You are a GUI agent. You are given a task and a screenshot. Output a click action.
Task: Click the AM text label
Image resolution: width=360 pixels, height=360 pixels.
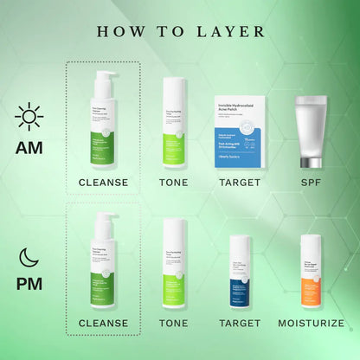30,146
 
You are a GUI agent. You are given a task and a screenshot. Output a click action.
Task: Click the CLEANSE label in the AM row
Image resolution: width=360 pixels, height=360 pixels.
104,183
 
